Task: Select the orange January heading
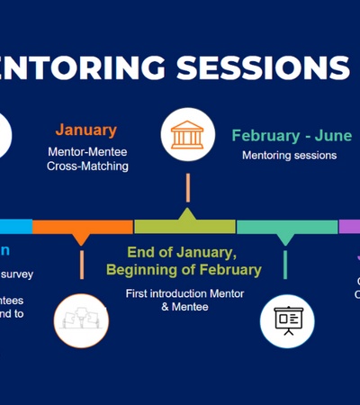click(86, 130)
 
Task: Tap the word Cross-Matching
click(88, 166)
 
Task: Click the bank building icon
click(188, 135)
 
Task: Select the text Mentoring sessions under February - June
click(289, 155)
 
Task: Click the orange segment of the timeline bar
click(82, 226)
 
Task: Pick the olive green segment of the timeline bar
click(184, 226)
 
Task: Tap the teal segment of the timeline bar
click(286, 226)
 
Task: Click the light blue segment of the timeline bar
click(15, 226)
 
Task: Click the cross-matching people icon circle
click(80, 320)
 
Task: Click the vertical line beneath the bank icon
click(188, 187)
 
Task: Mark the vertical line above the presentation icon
click(286, 265)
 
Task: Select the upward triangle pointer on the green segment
click(187, 214)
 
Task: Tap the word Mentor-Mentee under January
click(88, 152)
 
